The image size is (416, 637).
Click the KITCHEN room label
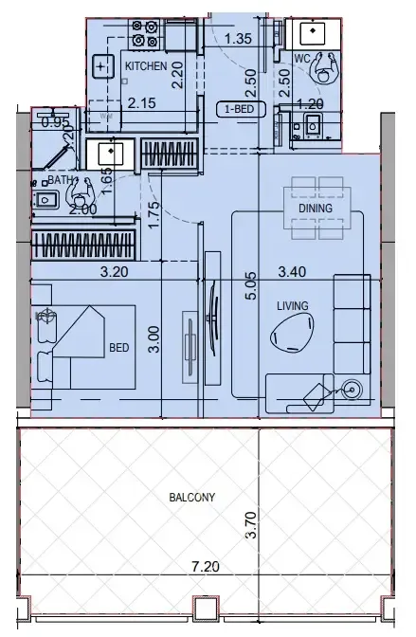[147, 66]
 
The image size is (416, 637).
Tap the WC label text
[303, 59]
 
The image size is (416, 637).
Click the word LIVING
[291, 306]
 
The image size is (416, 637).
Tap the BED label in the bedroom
[118, 348]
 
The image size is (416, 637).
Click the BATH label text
[61, 178]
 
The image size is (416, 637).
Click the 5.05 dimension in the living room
[250, 287]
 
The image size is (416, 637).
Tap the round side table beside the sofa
[353, 388]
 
